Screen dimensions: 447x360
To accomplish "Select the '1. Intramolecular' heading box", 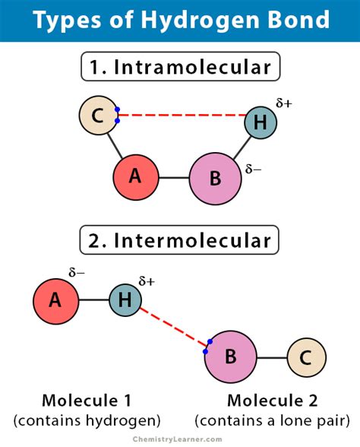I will point(179,67).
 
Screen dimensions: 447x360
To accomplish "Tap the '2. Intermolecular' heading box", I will point(179,241).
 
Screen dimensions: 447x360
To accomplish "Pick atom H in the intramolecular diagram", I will point(261,122).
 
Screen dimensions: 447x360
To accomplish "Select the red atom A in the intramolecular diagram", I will point(135,176).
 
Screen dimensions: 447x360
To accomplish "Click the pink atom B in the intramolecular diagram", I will point(215,179).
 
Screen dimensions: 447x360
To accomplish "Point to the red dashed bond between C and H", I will point(182,116).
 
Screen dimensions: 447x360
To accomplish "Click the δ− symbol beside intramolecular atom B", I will point(253,169).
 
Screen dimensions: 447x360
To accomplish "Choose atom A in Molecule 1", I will point(55,300).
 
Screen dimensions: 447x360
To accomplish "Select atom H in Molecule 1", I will point(125,300).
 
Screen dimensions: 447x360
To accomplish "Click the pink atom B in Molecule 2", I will point(230,356).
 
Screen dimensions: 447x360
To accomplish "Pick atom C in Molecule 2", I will point(306,357).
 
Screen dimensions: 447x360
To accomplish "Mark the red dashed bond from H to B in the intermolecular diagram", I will point(173,327).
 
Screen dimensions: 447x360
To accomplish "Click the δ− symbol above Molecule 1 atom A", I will point(77,271).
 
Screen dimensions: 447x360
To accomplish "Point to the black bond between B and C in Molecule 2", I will point(271,357).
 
